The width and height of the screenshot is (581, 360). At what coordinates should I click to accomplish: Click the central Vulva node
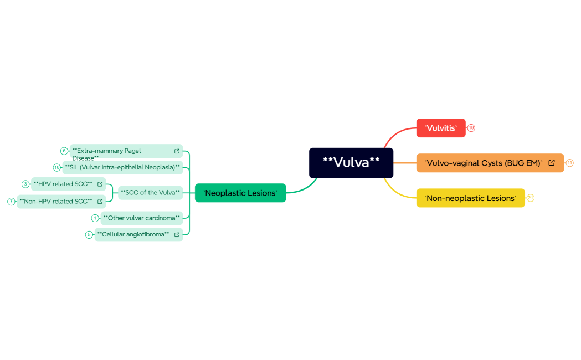click(x=351, y=163)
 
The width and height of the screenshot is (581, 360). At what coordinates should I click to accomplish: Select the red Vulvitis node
click(x=441, y=128)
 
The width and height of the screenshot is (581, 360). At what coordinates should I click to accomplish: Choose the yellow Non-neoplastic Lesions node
click(x=470, y=198)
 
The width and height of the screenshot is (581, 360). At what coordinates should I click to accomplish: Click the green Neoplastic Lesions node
click(x=240, y=193)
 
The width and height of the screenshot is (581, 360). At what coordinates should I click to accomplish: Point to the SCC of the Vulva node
click(x=150, y=193)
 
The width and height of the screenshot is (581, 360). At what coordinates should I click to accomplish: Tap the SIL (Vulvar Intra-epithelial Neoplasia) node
click(x=122, y=167)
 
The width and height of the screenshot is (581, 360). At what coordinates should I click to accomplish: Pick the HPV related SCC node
click(x=63, y=184)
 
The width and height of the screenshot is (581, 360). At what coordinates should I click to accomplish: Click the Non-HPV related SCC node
click(x=55, y=201)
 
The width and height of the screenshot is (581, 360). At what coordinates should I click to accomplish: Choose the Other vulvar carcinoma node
click(x=142, y=218)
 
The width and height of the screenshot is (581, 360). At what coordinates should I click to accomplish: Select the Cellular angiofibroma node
click(x=133, y=234)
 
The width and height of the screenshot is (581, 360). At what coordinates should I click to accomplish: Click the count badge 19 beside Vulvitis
click(x=471, y=128)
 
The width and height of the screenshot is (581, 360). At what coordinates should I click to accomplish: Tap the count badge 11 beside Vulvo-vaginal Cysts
click(x=569, y=163)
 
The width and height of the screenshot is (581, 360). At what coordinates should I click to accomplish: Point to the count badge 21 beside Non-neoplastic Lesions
click(x=531, y=198)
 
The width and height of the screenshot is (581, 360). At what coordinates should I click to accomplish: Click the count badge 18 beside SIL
click(x=56, y=167)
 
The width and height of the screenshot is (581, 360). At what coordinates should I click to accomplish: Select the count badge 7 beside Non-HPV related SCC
click(x=11, y=201)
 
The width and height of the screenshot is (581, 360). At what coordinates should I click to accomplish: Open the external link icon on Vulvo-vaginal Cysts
click(x=552, y=163)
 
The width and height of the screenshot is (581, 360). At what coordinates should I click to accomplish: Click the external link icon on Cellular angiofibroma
click(x=177, y=234)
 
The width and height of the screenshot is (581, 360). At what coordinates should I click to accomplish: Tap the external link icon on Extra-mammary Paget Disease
click(x=177, y=151)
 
